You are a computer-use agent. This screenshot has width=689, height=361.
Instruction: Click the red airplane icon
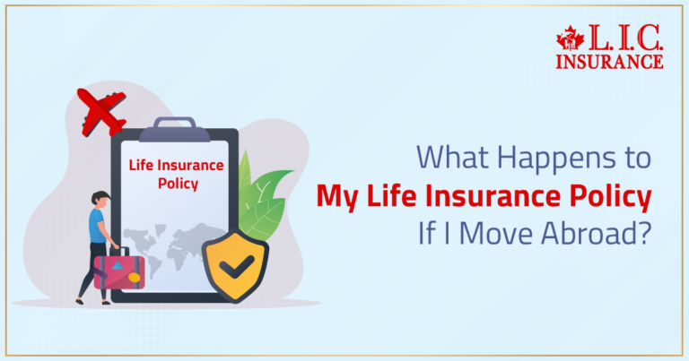(101, 111)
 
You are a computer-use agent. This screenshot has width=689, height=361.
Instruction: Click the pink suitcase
(117, 270)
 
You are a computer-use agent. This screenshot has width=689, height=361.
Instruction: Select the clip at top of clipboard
(174, 126)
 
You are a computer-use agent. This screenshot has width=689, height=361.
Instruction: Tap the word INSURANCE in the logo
(609, 61)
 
